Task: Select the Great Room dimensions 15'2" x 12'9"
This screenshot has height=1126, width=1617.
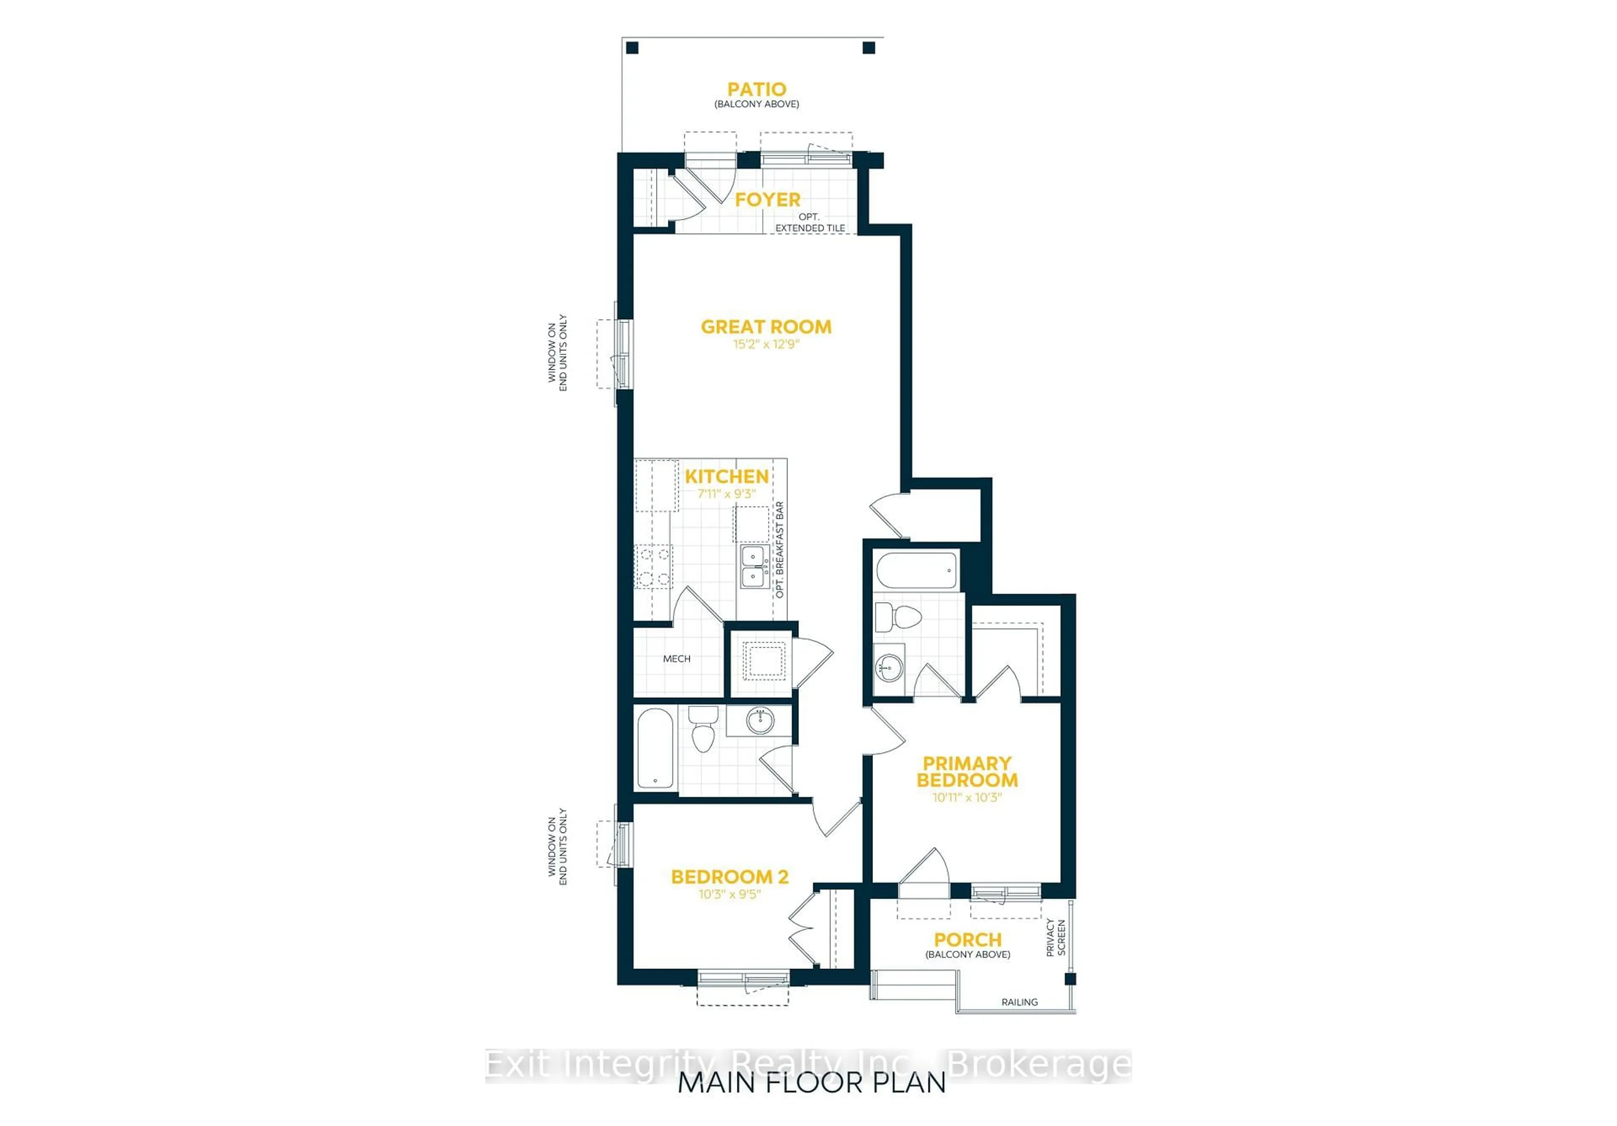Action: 766,344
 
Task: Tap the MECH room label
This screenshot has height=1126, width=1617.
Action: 676,659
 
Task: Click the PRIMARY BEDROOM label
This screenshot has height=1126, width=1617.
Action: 967,772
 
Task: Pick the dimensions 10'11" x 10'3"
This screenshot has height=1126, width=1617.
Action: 967,798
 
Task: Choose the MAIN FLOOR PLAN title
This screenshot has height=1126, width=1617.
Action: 811,1083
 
